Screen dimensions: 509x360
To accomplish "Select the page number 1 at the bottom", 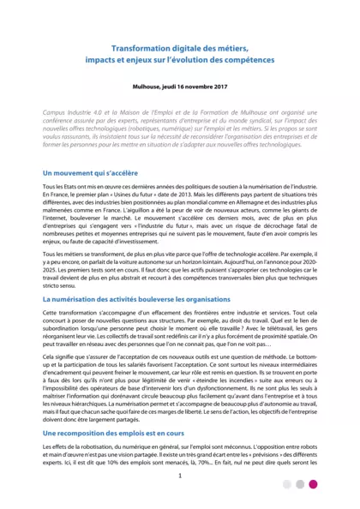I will (x=180, y=476).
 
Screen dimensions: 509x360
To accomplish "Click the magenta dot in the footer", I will (x=313, y=484).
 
